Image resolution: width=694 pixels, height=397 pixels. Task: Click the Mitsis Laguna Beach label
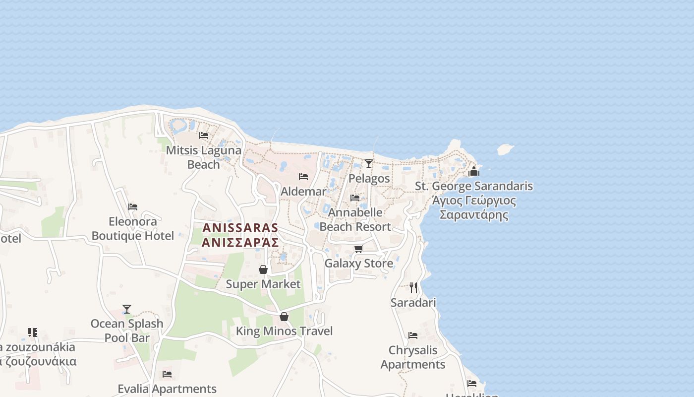204,157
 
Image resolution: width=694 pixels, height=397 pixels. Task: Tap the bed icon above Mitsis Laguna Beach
203,135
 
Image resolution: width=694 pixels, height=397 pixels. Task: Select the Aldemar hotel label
303,191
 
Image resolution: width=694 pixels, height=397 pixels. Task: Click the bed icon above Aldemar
303,176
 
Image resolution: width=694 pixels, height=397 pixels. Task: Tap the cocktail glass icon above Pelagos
368,163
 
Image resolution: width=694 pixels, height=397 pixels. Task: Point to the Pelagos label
369,178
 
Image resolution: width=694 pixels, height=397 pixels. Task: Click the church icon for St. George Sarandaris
474,172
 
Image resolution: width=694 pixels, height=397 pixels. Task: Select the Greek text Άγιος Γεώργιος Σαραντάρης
474,208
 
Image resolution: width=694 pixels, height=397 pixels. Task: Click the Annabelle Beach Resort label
355,219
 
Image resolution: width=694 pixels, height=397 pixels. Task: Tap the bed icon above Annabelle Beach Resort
355,198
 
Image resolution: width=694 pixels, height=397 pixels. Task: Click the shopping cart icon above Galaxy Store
358,249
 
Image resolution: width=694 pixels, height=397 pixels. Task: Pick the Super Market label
263,284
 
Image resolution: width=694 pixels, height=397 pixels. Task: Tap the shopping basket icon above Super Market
263,269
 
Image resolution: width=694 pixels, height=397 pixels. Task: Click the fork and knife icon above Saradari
413,288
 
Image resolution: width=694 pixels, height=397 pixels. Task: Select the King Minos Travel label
284,331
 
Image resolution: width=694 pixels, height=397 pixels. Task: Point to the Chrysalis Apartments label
413,357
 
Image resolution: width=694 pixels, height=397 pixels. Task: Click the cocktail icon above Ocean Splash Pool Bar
127,309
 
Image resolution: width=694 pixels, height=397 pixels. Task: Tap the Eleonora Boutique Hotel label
133,228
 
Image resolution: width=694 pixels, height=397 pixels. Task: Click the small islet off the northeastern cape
505,148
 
